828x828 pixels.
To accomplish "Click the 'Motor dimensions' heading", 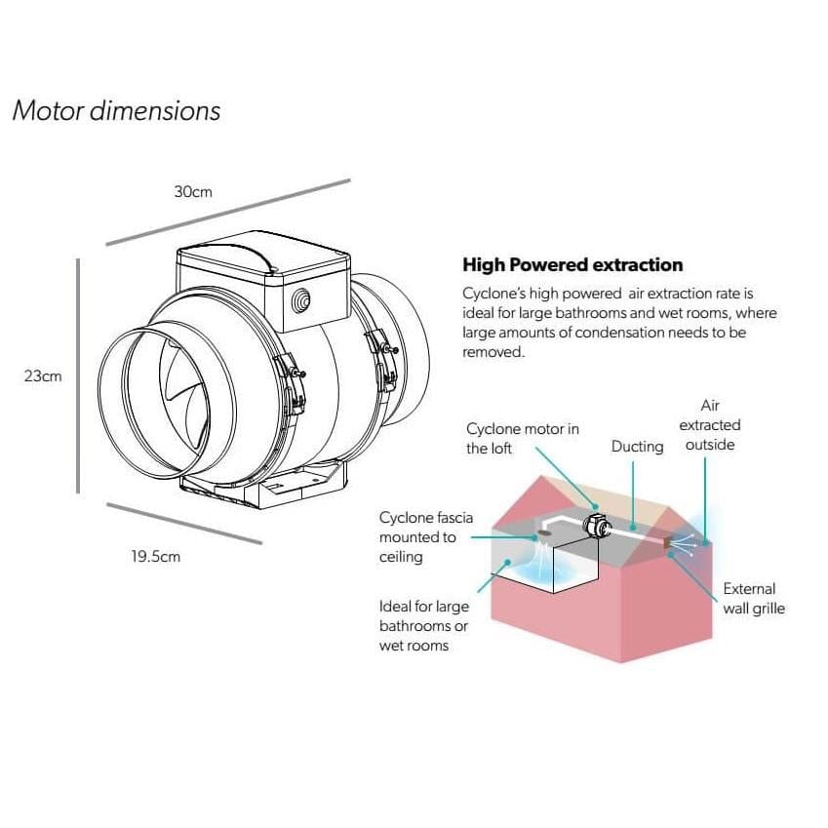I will tap(116, 110).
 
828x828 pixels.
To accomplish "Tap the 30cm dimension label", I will tap(193, 192).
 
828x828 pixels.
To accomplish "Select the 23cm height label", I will tap(43, 375).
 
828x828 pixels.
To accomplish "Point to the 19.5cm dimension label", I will tap(156, 557).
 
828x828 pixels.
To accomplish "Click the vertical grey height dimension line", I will tap(78, 375).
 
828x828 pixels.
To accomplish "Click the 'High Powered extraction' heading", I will tap(572, 265).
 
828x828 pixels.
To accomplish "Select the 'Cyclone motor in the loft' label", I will tap(522, 438).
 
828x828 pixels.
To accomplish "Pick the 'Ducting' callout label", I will tap(637, 447).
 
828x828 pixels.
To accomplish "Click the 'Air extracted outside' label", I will tap(709, 424).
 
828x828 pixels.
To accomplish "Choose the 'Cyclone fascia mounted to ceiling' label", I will tap(425, 537).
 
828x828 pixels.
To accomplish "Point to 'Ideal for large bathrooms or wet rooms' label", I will tap(423, 625).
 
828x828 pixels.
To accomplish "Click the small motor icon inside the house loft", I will tap(594, 527).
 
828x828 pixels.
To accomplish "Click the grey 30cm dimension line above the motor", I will tap(227, 212).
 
